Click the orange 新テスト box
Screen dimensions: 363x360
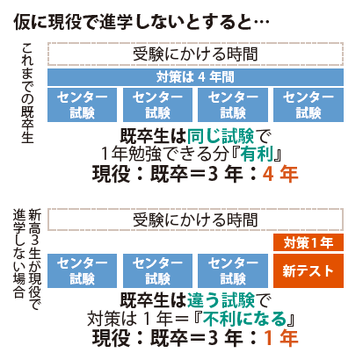[309, 270]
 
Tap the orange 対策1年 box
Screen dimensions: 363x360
[309, 242]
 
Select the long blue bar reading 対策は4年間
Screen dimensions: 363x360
[195, 77]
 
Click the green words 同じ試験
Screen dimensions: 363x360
[221, 136]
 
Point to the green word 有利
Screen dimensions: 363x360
[257, 154]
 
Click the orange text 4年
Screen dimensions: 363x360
[280, 174]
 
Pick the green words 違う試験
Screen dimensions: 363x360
[221, 300]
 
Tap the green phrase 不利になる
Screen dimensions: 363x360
[244, 319]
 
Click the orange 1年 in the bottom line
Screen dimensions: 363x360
[281, 338]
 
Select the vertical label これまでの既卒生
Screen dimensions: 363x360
[27, 93]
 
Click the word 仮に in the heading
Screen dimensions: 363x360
[30, 22]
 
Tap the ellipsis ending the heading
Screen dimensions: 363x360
[260, 22]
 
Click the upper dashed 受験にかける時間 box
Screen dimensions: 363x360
[195, 54]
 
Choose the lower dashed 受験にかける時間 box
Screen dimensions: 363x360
[195, 220]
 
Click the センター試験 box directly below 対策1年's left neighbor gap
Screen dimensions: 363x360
[233, 270]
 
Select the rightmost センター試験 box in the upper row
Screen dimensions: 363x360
[309, 104]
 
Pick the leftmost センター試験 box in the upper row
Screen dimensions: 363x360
[82, 104]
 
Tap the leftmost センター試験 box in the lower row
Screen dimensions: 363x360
[82, 270]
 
